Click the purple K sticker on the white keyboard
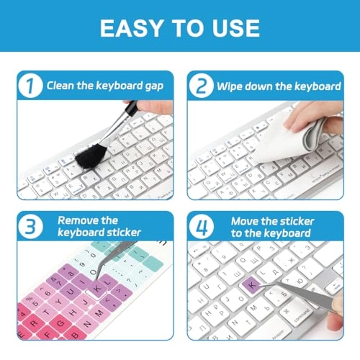[251, 284]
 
